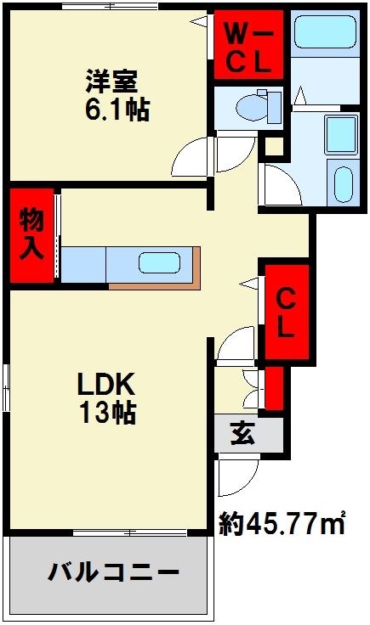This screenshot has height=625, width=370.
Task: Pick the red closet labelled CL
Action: coord(287,312)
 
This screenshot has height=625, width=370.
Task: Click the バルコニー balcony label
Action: coord(111,572)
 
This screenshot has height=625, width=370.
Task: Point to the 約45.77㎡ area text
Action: coord(282,521)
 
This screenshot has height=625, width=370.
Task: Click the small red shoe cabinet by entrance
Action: coord(274,388)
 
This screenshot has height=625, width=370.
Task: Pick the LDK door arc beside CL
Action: coord(236,344)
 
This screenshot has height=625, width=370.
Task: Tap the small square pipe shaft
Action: coord(273,147)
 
